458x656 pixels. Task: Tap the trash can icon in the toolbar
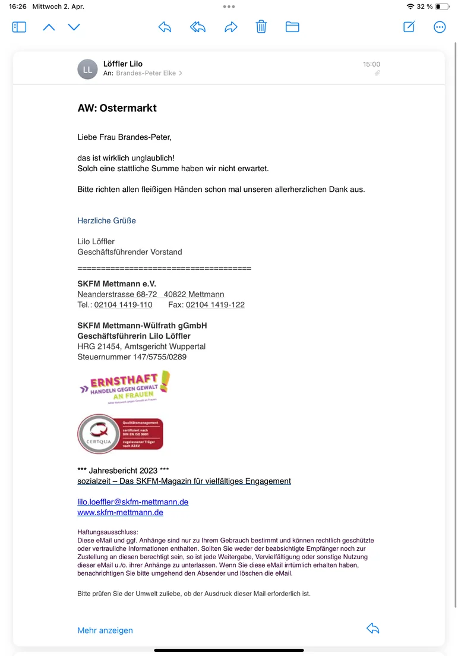261,27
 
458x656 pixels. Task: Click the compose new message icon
409,27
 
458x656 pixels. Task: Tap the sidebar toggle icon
19,27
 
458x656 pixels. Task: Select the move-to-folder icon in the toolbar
292,27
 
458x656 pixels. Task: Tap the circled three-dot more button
440,27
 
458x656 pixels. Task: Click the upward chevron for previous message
49,27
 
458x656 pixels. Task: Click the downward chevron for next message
74,27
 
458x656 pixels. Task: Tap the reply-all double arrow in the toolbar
198,27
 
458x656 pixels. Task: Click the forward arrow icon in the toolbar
230,27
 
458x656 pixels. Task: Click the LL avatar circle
87,69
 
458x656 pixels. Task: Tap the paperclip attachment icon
377,73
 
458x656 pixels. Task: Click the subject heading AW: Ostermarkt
117,108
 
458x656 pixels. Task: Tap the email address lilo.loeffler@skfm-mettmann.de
132,502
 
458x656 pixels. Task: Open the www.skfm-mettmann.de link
120,512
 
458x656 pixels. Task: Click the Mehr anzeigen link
105,630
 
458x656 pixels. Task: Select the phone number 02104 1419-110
123,305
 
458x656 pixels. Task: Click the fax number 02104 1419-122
215,305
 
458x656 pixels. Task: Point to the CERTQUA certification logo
121,434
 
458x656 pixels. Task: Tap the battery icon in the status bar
442,7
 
